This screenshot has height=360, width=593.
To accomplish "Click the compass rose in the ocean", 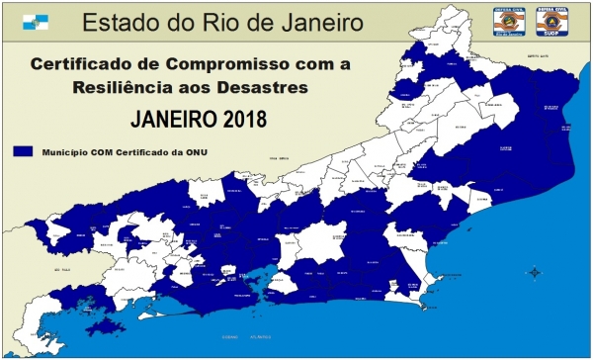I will pos(534,272).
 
